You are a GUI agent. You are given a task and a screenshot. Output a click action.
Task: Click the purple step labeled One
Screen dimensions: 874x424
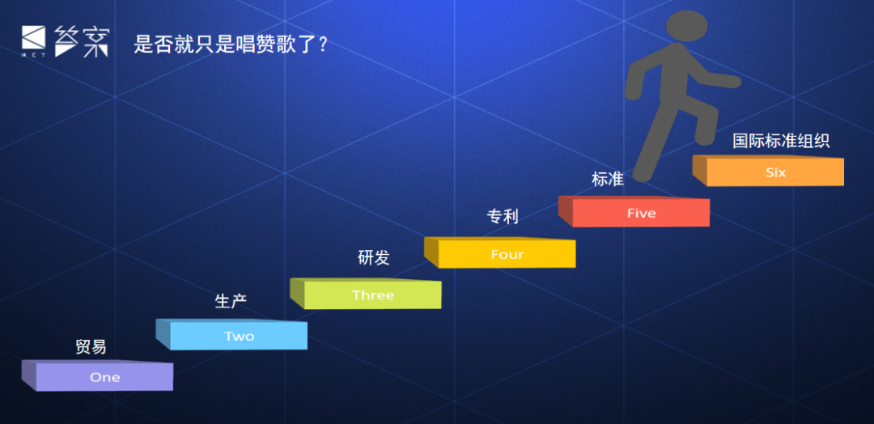coord(98,375)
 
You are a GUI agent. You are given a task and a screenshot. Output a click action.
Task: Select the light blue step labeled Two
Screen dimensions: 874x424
coord(232,335)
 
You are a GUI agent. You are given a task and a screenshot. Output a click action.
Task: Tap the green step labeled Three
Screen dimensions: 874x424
coord(367,294)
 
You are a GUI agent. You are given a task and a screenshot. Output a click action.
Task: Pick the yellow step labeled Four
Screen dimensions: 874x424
coord(501,252)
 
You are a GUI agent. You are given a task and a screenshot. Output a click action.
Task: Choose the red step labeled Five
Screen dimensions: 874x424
coord(634,211)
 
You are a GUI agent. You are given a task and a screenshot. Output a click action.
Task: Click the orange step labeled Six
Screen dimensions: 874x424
coord(769,171)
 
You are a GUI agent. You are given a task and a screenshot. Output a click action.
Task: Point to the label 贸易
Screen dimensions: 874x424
coord(91,346)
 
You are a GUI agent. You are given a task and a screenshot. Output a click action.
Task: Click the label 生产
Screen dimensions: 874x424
coord(231,301)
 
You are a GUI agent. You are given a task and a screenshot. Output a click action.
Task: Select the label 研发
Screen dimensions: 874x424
coord(373,257)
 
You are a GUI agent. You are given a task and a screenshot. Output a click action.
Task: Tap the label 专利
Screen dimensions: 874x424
coord(503,216)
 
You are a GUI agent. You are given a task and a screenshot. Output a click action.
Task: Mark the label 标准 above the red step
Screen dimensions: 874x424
coord(608,179)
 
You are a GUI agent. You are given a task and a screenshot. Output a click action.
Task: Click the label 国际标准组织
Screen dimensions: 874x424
coord(781,141)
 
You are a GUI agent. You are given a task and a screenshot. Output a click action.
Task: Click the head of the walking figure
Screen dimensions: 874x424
coord(687,26)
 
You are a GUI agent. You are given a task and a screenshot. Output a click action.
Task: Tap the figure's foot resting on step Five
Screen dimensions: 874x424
coord(642,175)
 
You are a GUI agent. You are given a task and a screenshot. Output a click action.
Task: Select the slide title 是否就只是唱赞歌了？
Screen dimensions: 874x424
coord(231,44)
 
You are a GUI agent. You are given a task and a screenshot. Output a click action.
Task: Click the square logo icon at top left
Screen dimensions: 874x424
coord(33,37)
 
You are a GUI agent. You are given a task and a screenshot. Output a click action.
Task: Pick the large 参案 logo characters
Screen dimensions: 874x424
coord(82,40)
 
